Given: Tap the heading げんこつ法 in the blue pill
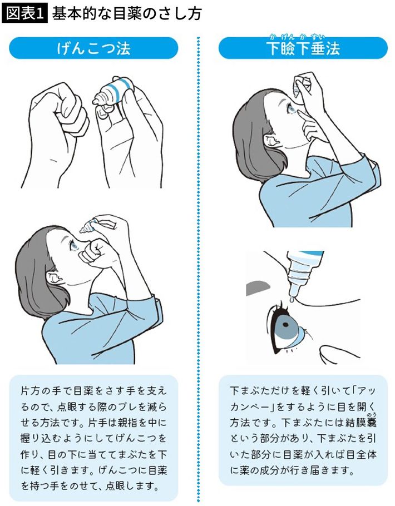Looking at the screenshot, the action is pos(93,48).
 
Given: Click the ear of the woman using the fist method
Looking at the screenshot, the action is pos(52,277).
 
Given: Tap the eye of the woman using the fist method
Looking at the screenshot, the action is pos(74,246).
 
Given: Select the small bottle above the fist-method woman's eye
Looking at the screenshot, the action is pos(89,225).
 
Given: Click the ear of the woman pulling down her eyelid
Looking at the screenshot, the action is pos(270,140).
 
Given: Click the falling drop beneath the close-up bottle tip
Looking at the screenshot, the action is pos(292,300).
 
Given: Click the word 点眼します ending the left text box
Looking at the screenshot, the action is pos(132,485).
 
